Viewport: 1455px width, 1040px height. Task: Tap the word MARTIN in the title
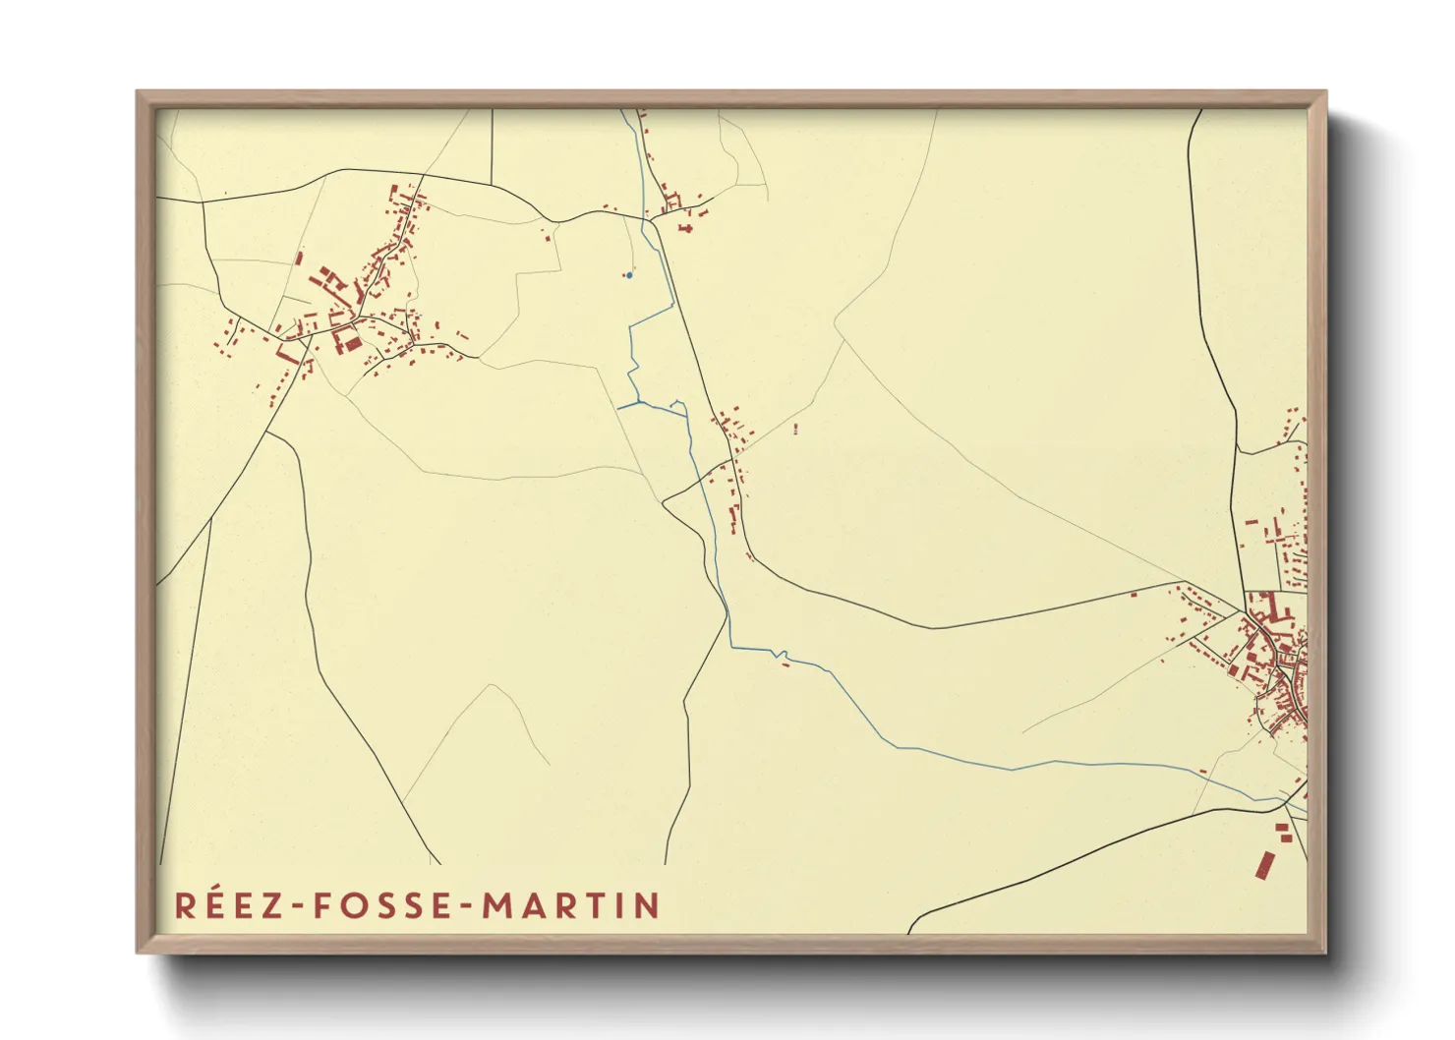pos(570,905)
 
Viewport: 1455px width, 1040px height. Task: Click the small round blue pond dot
pos(629,275)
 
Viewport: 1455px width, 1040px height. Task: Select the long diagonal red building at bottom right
pos(1265,864)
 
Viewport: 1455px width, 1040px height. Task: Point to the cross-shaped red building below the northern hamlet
pos(686,228)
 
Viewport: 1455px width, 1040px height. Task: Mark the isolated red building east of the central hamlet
pos(794,428)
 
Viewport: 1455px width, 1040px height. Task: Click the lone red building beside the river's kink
pos(786,665)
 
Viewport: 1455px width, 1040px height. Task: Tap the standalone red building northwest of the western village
pos(299,259)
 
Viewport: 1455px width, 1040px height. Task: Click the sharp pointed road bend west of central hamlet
pos(664,503)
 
